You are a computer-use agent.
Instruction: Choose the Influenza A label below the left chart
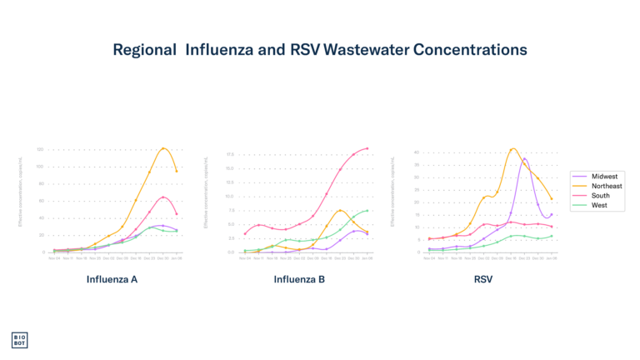point(112,279)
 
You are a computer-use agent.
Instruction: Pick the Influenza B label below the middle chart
point(299,279)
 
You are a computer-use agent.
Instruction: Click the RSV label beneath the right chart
point(483,279)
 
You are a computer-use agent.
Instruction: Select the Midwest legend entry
point(604,177)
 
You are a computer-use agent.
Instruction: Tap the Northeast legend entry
point(606,186)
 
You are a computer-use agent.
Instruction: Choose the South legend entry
point(600,196)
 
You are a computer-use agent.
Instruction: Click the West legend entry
point(599,205)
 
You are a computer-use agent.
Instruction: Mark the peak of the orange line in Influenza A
point(164,148)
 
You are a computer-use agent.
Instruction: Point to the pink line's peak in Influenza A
point(163,197)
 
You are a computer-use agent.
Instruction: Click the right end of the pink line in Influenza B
point(367,148)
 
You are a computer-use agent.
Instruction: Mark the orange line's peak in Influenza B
point(341,210)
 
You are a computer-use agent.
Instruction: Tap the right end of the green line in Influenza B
point(367,210)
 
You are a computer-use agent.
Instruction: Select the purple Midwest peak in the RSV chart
point(524,157)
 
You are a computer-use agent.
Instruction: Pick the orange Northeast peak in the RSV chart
point(512,149)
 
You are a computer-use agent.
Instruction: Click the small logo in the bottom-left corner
point(19,339)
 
